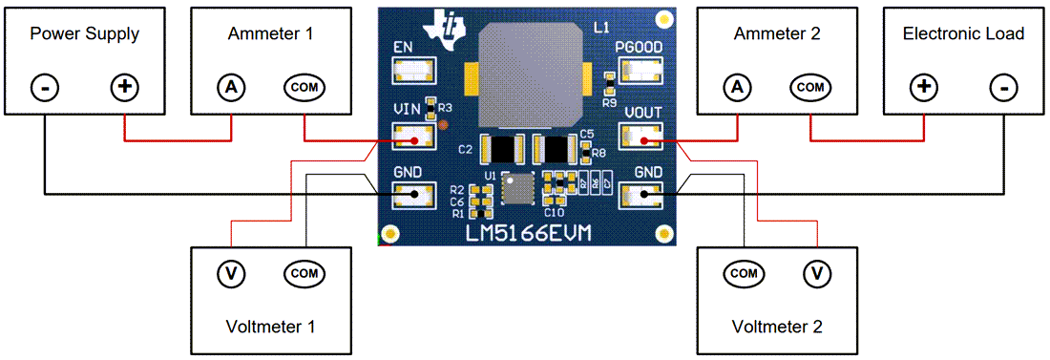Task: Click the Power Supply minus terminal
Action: [45, 88]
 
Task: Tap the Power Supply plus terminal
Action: [124, 88]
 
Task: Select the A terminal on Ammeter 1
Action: [230, 88]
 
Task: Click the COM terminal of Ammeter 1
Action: [304, 88]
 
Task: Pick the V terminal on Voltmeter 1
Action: [230, 274]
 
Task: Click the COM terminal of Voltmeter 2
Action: [744, 274]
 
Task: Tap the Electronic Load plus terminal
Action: [923, 88]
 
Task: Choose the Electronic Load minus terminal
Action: [1003, 88]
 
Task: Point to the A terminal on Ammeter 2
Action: [736, 88]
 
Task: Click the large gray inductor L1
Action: [530, 73]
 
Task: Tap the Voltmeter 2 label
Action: [776, 326]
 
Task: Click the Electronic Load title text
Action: [963, 34]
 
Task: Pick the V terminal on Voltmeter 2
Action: [816, 274]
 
